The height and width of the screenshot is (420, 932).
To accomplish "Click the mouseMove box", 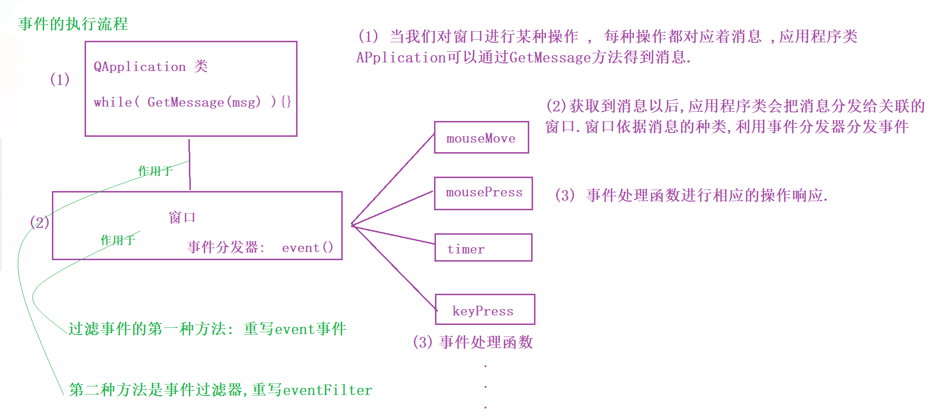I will (x=481, y=138).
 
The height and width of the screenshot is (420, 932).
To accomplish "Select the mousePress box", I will (x=483, y=193).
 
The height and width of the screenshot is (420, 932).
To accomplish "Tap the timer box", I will (x=483, y=248).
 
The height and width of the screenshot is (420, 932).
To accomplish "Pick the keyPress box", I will (x=485, y=310).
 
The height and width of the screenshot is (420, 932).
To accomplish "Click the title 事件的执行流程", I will (x=73, y=24).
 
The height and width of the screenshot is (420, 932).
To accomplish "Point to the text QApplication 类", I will (x=150, y=66).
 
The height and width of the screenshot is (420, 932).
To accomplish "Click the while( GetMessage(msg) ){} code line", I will (x=192, y=102).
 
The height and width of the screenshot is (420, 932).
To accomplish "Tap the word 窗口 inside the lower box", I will (x=182, y=217).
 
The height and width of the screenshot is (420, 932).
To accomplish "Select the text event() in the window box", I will (x=307, y=248).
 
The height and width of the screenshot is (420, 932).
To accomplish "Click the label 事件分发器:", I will (x=226, y=247).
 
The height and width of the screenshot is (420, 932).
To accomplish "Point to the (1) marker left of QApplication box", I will (x=60, y=79).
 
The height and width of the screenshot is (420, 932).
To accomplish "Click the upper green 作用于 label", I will (x=155, y=171).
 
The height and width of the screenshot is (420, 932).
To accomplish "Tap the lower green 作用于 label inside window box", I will (x=118, y=240).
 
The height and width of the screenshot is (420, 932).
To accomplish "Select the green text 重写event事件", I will (x=295, y=329).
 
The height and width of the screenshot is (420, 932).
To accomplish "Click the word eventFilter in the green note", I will (x=327, y=390).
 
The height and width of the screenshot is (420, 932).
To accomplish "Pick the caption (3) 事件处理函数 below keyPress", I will (x=473, y=342).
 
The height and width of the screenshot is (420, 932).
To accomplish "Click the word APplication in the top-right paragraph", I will (x=401, y=58).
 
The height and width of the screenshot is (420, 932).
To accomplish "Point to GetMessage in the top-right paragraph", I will (x=550, y=58).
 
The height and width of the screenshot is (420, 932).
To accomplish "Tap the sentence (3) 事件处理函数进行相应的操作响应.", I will (x=691, y=195).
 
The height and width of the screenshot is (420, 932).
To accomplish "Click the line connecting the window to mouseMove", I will (x=393, y=180).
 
